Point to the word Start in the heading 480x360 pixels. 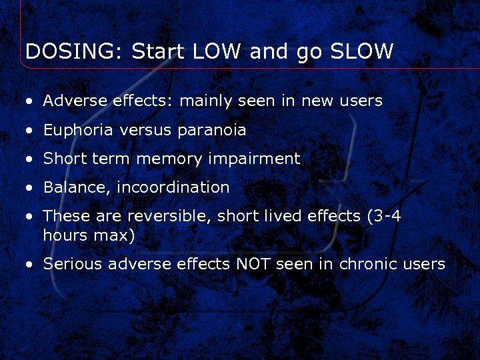[158, 51]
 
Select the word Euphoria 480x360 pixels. [79, 130]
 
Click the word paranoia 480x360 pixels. [211, 131]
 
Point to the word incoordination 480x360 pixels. [173, 188]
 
